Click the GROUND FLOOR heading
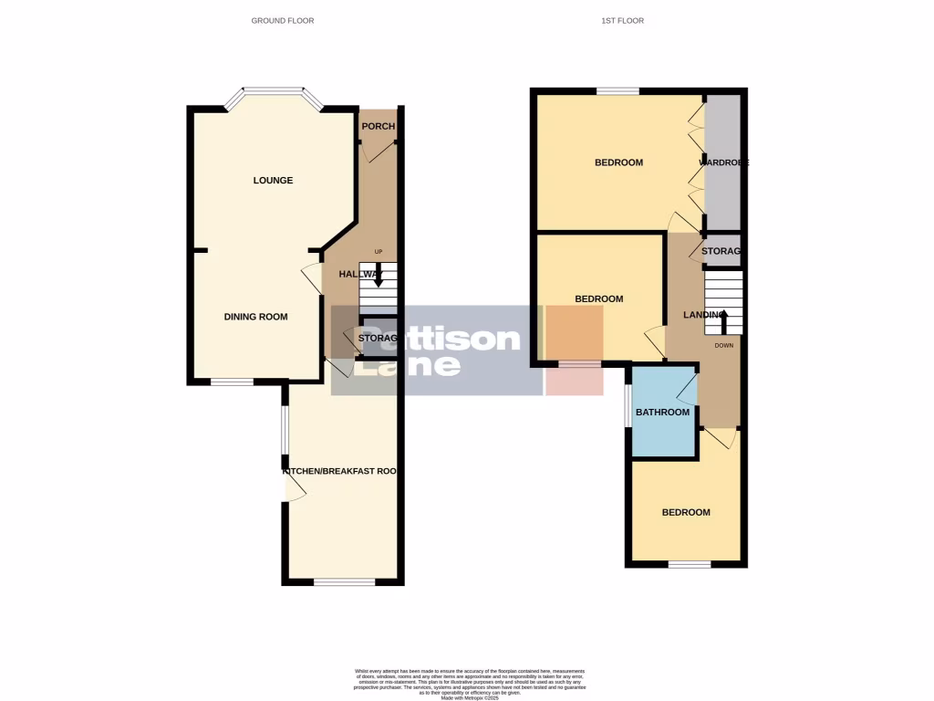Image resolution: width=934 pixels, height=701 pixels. click(x=283, y=20)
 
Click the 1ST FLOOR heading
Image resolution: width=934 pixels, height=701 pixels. click(x=623, y=20)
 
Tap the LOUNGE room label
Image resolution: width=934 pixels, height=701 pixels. click(x=273, y=180)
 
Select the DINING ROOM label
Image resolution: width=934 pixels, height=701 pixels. click(x=255, y=317)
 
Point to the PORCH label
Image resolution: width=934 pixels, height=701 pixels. click(x=378, y=126)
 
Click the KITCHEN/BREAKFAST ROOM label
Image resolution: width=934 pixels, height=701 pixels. click(x=341, y=471)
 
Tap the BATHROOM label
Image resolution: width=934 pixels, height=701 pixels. click(x=662, y=412)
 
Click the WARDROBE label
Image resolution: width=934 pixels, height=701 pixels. click(x=723, y=162)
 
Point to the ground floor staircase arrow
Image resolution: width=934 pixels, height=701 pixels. click(x=379, y=275)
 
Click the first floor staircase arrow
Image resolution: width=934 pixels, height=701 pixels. click(x=724, y=321)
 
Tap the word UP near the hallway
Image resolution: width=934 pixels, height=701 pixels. click(x=379, y=252)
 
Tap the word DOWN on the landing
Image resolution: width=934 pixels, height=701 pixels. click(x=723, y=346)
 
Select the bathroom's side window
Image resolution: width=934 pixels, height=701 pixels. click(x=628, y=405)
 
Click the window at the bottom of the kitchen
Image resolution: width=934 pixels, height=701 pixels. click(x=344, y=581)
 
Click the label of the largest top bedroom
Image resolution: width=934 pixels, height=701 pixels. click(x=618, y=162)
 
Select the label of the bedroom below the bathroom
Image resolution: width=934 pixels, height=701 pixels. click(x=685, y=512)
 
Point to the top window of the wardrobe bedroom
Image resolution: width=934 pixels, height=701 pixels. click(x=617, y=90)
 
